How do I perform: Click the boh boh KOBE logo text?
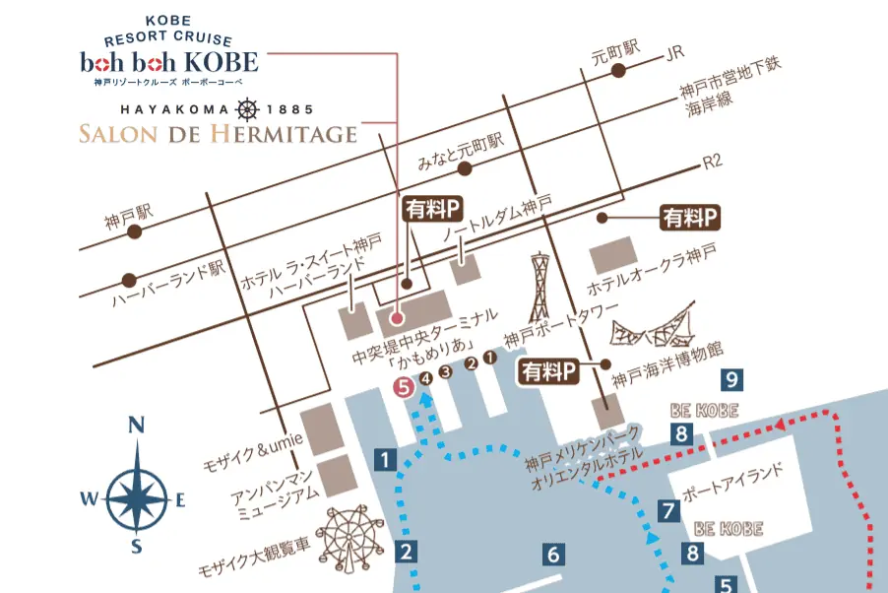pos(169,63)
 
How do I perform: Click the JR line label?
pos(674,51)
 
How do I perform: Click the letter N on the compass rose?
pos(137,426)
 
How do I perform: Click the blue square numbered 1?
pos(386,458)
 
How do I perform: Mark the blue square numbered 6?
pos(552,555)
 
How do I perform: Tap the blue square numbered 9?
pos(729,378)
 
